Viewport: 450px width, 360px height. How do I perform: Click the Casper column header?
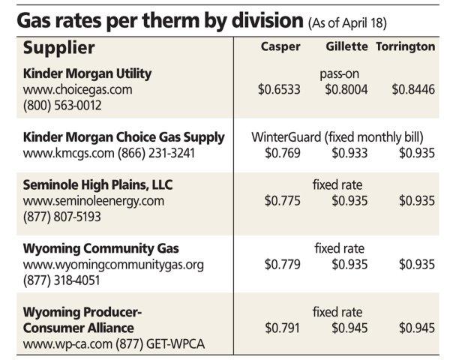[x=280, y=46]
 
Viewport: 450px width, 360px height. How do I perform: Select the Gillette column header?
[x=346, y=46]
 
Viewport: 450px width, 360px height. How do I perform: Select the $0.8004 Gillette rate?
[x=346, y=89]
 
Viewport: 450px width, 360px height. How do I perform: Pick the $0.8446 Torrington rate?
[x=413, y=89]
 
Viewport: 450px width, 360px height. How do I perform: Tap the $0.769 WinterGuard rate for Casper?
[x=283, y=154]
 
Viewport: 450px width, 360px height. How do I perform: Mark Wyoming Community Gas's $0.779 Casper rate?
[x=283, y=264]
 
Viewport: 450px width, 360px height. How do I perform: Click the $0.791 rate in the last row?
[x=283, y=328]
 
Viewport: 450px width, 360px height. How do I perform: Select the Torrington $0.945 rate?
[x=416, y=328]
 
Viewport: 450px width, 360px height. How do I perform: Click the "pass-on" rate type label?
[x=338, y=74]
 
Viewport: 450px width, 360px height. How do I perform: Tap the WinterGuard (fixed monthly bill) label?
[x=338, y=138]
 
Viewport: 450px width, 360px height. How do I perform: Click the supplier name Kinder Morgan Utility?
[x=88, y=73]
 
